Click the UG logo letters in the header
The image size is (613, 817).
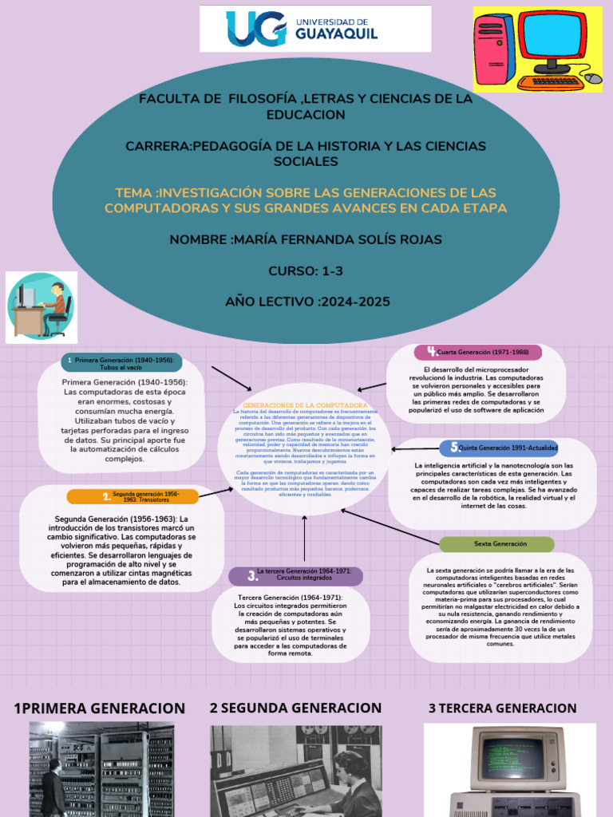255,28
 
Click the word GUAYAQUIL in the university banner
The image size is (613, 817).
336,34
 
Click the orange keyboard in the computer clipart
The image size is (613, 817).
551,81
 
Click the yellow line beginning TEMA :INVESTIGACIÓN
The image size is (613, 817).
306,200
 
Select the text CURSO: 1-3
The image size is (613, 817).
306,271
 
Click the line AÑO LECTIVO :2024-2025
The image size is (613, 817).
306,302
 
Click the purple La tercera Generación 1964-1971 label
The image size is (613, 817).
295,575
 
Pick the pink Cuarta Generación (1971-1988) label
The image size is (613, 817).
477,352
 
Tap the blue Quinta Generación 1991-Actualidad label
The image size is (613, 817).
499,448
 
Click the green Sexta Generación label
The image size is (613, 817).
497,543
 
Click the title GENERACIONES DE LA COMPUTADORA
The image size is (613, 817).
304,405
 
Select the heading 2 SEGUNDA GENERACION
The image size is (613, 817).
295,708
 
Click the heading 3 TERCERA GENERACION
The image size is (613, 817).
502,708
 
